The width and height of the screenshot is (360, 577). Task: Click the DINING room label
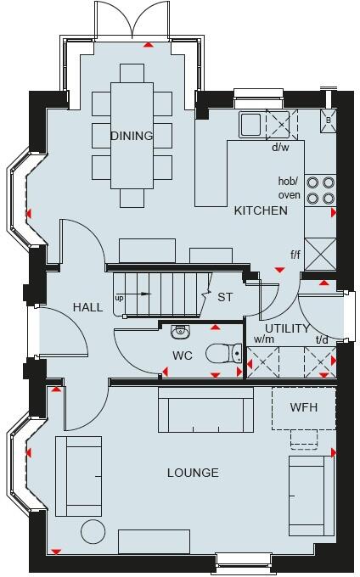(x=132, y=136)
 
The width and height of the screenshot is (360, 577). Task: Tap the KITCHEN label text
(x=261, y=210)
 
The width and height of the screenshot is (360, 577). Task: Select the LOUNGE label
(x=193, y=473)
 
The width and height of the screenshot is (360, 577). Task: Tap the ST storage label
(x=224, y=298)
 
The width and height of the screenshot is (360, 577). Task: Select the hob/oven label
(x=289, y=188)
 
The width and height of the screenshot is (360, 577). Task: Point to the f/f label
(x=295, y=254)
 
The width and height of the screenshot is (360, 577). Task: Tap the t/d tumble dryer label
(x=322, y=340)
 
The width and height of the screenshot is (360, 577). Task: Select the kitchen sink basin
(x=251, y=126)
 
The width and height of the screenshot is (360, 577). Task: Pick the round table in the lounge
(x=92, y=532)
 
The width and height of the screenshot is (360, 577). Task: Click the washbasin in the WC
(x=179, y=331)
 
